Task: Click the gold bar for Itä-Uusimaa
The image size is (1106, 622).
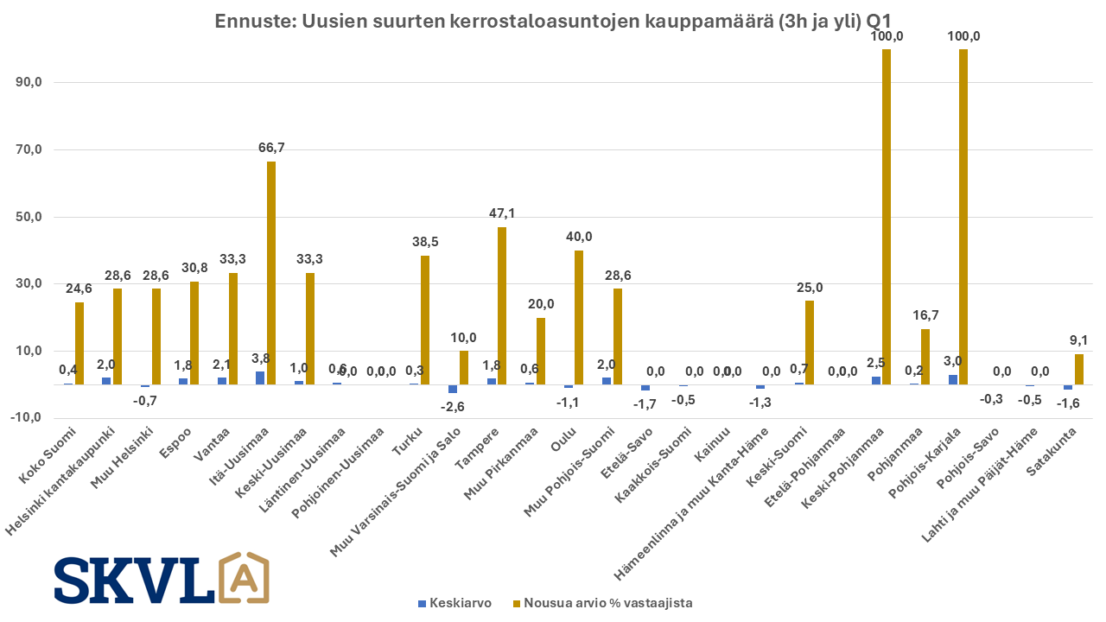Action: (x=271, y=273)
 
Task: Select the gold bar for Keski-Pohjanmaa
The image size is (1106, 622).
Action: (x=886, y=217)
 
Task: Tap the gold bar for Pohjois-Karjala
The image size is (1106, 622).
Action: (x=963, y=217)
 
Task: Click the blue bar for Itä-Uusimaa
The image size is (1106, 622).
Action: (x=260, y=378)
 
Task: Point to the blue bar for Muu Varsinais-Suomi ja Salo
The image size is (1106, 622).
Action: (x=452, y=389)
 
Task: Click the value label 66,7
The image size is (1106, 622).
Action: (x=271, y=148)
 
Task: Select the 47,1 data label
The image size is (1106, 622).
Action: (x=502, y=213)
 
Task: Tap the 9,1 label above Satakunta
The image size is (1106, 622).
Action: (x=1077, y=340)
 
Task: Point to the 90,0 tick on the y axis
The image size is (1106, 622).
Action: (x=29, y=83)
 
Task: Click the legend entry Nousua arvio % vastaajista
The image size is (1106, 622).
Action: (x=605, y=603)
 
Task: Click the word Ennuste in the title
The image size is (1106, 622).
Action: (x=252, y=21)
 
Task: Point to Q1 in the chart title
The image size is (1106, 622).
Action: (x=880, y=21)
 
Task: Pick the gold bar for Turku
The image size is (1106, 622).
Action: (x=425, y=320)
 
